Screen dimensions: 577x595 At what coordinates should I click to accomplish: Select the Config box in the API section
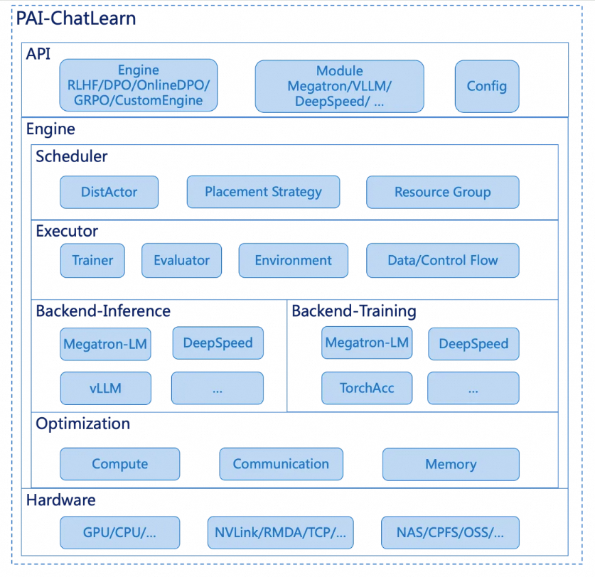point(486,86)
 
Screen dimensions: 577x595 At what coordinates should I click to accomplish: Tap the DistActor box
point(109,192)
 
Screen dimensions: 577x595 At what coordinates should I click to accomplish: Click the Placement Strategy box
point(263,192)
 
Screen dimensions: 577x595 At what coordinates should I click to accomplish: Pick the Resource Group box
point(442,192)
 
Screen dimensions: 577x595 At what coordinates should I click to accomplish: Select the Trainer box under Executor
point(92,260)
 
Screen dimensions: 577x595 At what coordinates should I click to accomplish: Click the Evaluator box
point(181,260)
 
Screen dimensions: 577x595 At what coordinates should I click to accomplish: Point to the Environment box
point(293,260)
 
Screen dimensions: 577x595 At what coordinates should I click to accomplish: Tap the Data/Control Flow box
point(442,260)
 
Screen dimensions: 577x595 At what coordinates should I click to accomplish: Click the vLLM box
point(105,388)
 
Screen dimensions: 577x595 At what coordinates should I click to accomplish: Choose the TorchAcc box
point(366,388)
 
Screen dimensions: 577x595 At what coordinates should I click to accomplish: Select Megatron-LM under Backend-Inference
point(105,344)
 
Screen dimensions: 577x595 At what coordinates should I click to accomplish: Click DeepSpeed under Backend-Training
point(473,344)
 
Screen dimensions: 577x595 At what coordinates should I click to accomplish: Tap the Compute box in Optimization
point(119,464)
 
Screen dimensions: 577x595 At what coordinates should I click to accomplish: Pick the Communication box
point(281,464)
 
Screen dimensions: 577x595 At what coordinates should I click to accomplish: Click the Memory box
point(450,464)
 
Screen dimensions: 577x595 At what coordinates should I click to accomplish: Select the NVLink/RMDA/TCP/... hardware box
point(280,532)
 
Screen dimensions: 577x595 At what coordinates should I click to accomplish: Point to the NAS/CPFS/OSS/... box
point(450,532)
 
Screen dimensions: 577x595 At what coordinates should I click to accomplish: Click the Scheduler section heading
point(72,156)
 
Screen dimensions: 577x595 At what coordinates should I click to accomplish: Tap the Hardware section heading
point(60,500)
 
